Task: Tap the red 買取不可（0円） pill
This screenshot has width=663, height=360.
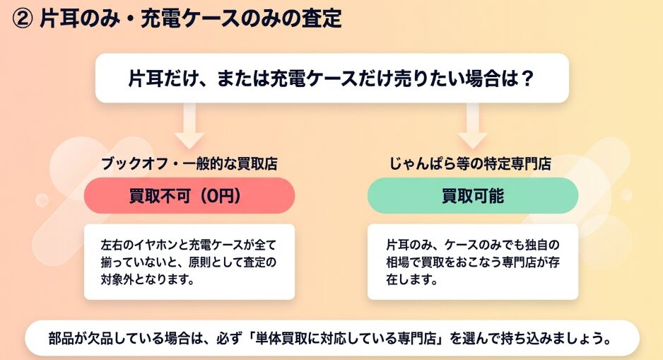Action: click(189, 196)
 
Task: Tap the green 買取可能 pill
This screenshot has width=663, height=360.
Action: click(472, 196)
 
